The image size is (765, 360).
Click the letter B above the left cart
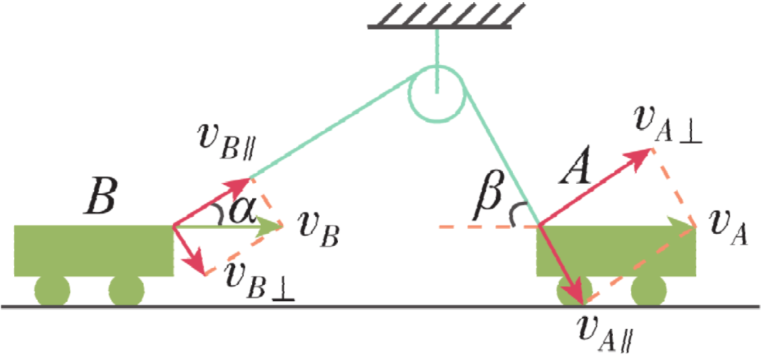98,201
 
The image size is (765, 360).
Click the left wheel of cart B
52,291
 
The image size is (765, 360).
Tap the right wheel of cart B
126,291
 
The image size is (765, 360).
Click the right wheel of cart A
648,291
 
